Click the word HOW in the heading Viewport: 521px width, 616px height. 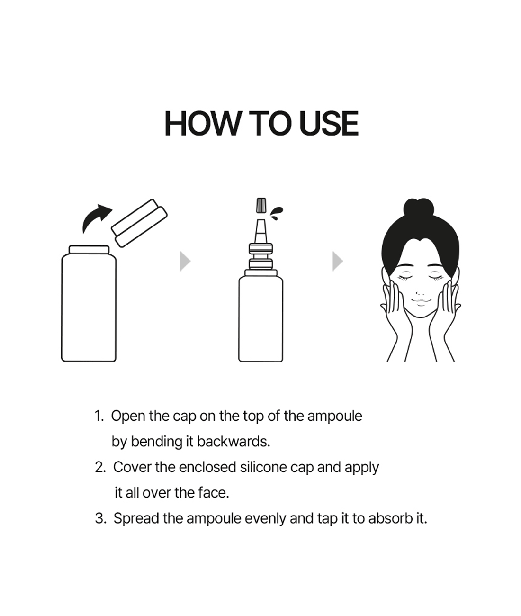tap(203, 123)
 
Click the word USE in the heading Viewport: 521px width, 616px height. tap(329, 123)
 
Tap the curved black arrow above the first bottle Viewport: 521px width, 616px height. tap(96, 218)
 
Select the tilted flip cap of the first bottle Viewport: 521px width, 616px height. tap(139, 223)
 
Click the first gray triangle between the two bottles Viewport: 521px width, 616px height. tap(185, 262)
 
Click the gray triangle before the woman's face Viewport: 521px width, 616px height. tap(338, 262)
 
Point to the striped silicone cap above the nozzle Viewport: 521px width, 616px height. tap(261, 205)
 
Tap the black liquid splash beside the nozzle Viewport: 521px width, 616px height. tap(277, 213)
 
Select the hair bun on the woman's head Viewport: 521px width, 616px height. tap(419, 207)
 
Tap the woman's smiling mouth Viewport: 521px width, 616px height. tap(420, 301)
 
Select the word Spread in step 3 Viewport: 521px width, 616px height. tap(136, 519)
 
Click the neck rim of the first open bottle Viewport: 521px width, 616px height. tap(89, 249)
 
